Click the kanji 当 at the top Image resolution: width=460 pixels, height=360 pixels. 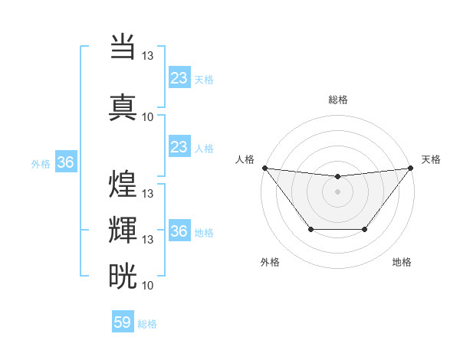pyautogui.click(x=123, y=47)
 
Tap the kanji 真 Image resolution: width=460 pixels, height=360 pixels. pyautogui.click(x=123, y=106)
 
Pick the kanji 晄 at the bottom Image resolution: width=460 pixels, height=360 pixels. pyautogui.click(x=123, y=276)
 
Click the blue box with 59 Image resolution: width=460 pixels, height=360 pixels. pyautogui.click(x=123, y=322)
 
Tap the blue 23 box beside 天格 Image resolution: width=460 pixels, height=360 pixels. pyautogui.click(x=179, y=78)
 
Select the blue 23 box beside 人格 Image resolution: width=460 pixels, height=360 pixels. pyautogui.click(x=179, y=147)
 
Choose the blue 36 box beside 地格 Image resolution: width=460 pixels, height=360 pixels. pyautogui.click(x=179, y=231)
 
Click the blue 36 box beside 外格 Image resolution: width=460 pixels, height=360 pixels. pyautogui.click(x=65, y=162)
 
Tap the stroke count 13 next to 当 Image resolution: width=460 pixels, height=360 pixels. pyautogui.click(x=148, y=55)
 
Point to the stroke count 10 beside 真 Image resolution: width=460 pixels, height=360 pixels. pyautogui.click(x=148, y=116)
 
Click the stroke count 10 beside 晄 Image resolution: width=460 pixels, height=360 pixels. pyautogui.click(x=148, y=285)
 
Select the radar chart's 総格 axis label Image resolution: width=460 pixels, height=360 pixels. pyautogui.click(x=338, y=100)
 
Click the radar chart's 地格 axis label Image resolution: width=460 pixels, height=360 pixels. pyautogui.click(x=402, y=263)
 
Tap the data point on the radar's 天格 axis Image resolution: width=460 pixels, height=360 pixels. pyautogui.click(x=410, y=168)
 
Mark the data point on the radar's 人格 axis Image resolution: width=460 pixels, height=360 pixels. pyautogui.click(x=265, y=168)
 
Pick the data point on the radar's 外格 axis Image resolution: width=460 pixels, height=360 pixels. pyautogui.click(x=310, y=229)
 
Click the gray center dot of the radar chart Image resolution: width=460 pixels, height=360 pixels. pyautogui.click(x=337, y=191)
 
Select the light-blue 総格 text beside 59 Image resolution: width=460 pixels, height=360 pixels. pyautogui.click(x=147, y=324)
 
